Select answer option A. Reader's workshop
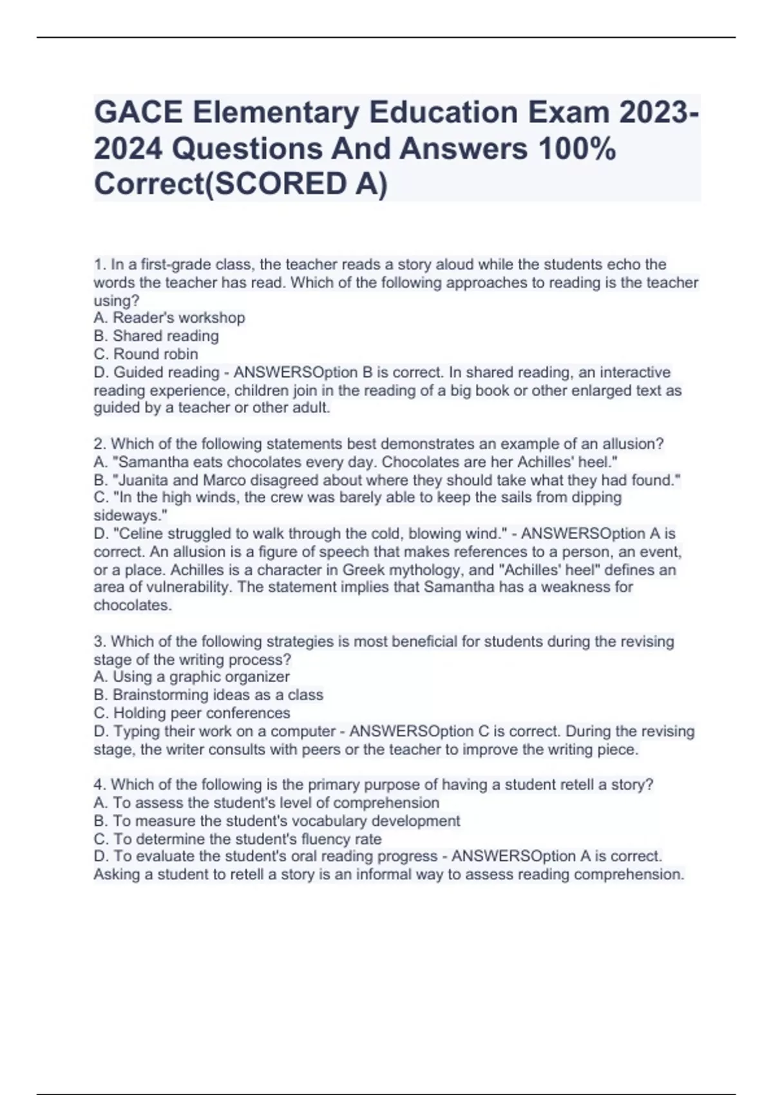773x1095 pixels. point(169,318)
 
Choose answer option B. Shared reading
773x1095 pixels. point(157,336)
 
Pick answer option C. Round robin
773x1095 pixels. point(146,354)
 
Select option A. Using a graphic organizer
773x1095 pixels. point(192,676)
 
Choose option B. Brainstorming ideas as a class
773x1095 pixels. point(209,694)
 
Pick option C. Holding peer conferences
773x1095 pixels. point(192,713)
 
